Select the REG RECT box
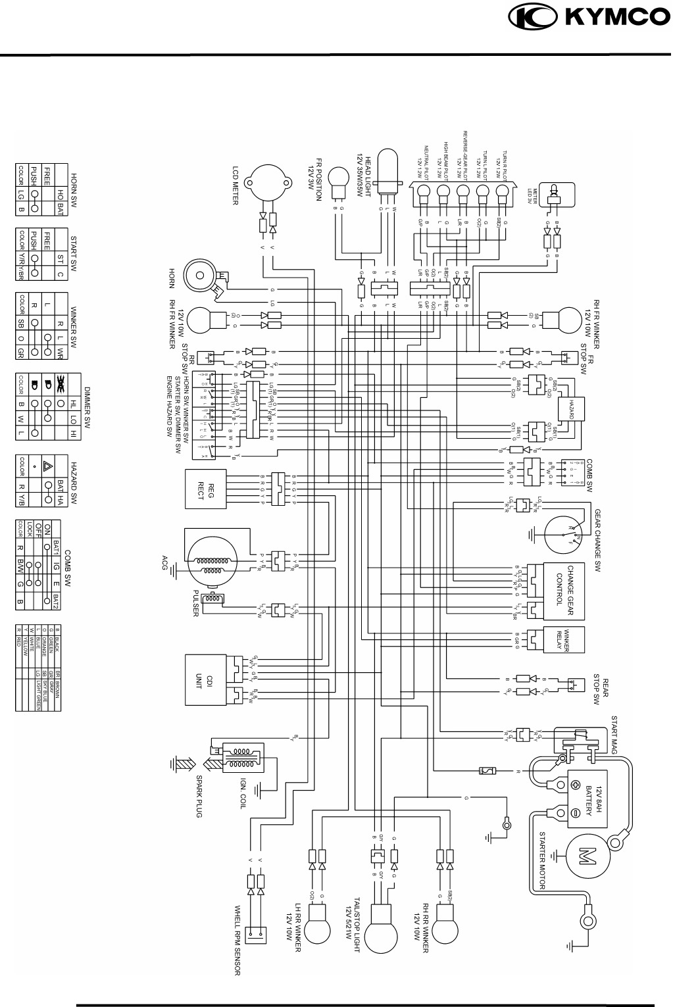pyautogui.click(x=205, y=489)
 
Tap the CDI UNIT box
pyautogui.click(x=205, y=679)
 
